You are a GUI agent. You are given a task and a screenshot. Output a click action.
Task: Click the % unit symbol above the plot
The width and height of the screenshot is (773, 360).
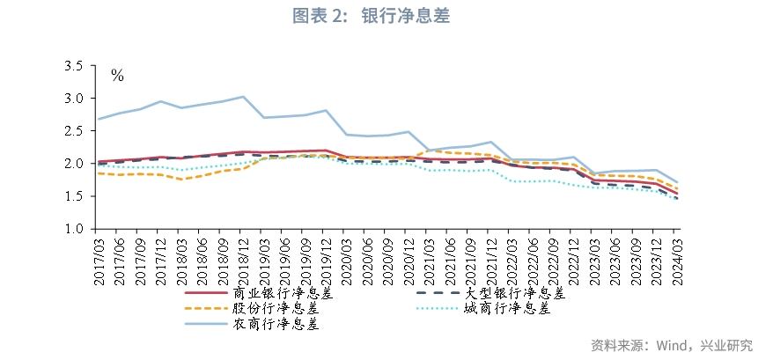click(117, 76)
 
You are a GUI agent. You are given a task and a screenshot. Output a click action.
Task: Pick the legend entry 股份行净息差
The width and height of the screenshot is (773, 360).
click(275, 308)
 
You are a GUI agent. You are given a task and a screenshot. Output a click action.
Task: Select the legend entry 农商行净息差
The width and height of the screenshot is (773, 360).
click(275, 323)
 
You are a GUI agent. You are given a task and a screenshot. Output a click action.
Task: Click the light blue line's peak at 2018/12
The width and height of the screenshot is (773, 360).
click(243, 96)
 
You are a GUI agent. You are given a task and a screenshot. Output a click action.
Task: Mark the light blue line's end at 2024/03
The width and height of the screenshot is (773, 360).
click(676, 182)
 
